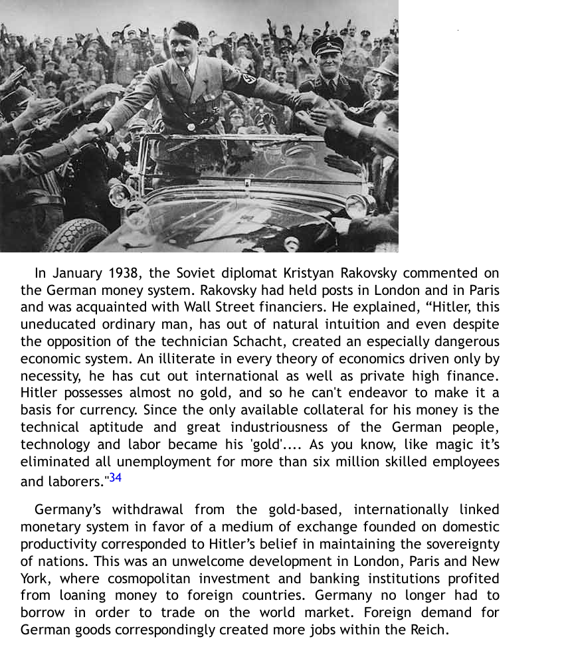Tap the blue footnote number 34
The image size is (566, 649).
(x=116, y=478)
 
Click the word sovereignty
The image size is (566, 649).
(x=460, y=544)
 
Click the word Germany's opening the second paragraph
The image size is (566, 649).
(x=68, y=510)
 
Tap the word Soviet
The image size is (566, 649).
(x=197, y=273)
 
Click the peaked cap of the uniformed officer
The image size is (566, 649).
(x=328, y=45)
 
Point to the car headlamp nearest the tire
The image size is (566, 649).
(x=120, y=194)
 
